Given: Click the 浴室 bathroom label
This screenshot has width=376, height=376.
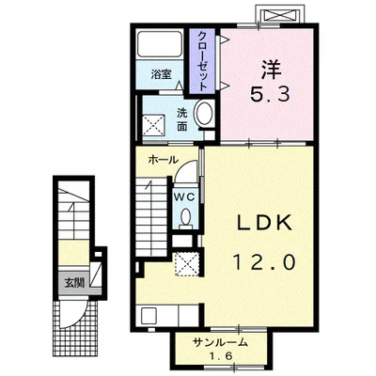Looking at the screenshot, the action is (162, 74).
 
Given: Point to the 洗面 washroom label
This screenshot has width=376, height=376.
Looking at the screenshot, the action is (182, 119).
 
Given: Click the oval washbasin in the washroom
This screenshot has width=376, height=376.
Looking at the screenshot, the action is (204, 114).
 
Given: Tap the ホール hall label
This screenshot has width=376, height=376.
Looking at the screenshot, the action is (163, 160).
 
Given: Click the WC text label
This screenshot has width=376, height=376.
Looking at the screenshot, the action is (185, 196).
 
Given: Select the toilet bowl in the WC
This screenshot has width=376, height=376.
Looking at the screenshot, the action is (186, 217).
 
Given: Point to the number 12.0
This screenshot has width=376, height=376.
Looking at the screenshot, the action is (264, 262).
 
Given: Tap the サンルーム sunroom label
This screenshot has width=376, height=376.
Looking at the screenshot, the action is (221, 342).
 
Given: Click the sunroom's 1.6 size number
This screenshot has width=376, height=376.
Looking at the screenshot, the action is (221, 355).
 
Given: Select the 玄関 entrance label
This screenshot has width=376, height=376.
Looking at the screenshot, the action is (74, 283).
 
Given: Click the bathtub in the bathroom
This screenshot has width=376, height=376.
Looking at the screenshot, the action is (159, 43).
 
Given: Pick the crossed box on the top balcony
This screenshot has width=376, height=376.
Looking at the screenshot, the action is (279, 15).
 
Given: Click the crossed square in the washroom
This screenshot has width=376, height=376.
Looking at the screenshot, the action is (153, 125).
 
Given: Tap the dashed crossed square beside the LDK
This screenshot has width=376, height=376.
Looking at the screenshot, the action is (186, 265).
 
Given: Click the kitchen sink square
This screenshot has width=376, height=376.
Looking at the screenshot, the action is (149, 316).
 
